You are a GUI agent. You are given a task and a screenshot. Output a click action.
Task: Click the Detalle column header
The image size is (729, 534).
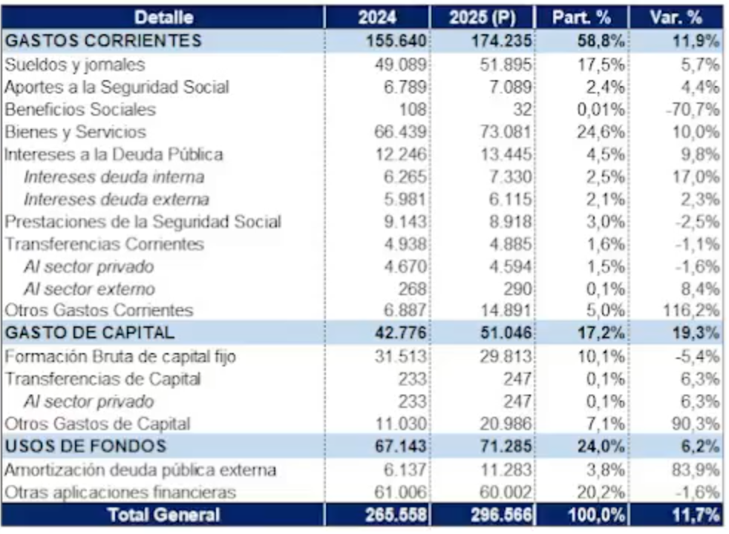click(x=164, y=17)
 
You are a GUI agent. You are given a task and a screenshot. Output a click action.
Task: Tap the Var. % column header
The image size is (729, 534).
click(x=676, y=17)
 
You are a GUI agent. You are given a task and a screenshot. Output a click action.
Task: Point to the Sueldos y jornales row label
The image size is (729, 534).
click(x=75, y=65)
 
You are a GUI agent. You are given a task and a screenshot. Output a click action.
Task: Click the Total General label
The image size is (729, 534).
click(x=164, y=515)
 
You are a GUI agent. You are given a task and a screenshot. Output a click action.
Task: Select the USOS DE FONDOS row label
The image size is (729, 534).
click(x=85, y=446)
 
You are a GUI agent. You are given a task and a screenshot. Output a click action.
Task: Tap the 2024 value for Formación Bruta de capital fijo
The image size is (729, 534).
click(x=401, y=357)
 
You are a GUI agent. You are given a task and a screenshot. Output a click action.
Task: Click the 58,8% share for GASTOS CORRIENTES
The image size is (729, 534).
click(x=600, y=41)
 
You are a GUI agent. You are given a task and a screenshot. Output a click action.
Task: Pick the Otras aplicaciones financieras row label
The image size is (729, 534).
click(x=120, y=492)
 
